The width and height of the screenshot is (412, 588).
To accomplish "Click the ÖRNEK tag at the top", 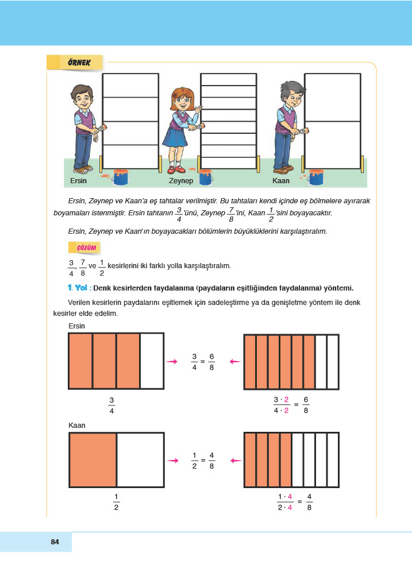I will point(74,62).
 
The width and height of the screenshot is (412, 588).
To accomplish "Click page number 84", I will point(55,541).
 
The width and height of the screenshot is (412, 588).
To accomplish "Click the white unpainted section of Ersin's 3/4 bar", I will point(152,361).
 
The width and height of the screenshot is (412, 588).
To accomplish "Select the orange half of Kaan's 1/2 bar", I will point(93,460).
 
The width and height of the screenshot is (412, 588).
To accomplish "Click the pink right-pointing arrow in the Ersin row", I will point(171,361).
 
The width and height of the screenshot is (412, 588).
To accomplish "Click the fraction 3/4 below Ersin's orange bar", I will point(111,405).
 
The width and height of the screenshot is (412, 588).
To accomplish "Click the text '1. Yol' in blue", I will point(78,288).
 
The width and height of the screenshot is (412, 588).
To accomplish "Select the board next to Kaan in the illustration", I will point(333,121).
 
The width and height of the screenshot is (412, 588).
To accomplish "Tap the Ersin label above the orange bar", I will point(77,326).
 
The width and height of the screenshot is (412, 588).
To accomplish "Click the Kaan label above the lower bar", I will point(77,425).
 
